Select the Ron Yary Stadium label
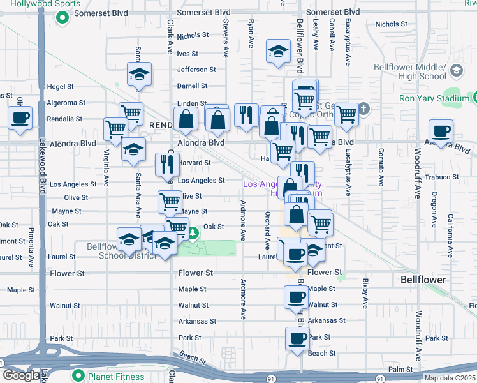[434, 98]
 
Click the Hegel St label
[61, 86]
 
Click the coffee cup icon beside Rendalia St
[20, 118]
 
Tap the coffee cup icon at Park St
[297, 338]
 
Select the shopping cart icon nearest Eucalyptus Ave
[346, 115]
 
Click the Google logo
[21, 375]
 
